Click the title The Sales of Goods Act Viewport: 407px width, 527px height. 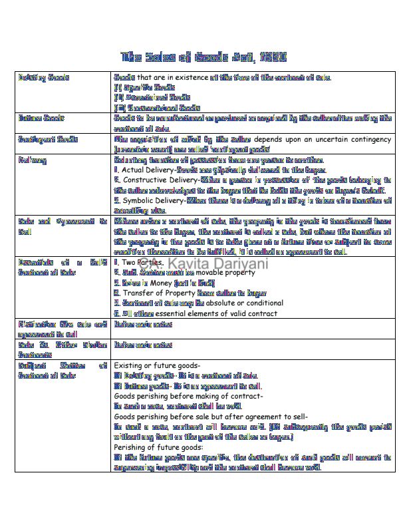tap(203, 58)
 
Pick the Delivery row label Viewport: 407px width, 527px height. tap(33, 160)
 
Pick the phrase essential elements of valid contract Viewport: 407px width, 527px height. tap(219, 313)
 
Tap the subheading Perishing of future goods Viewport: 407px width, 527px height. tap(156, 448)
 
